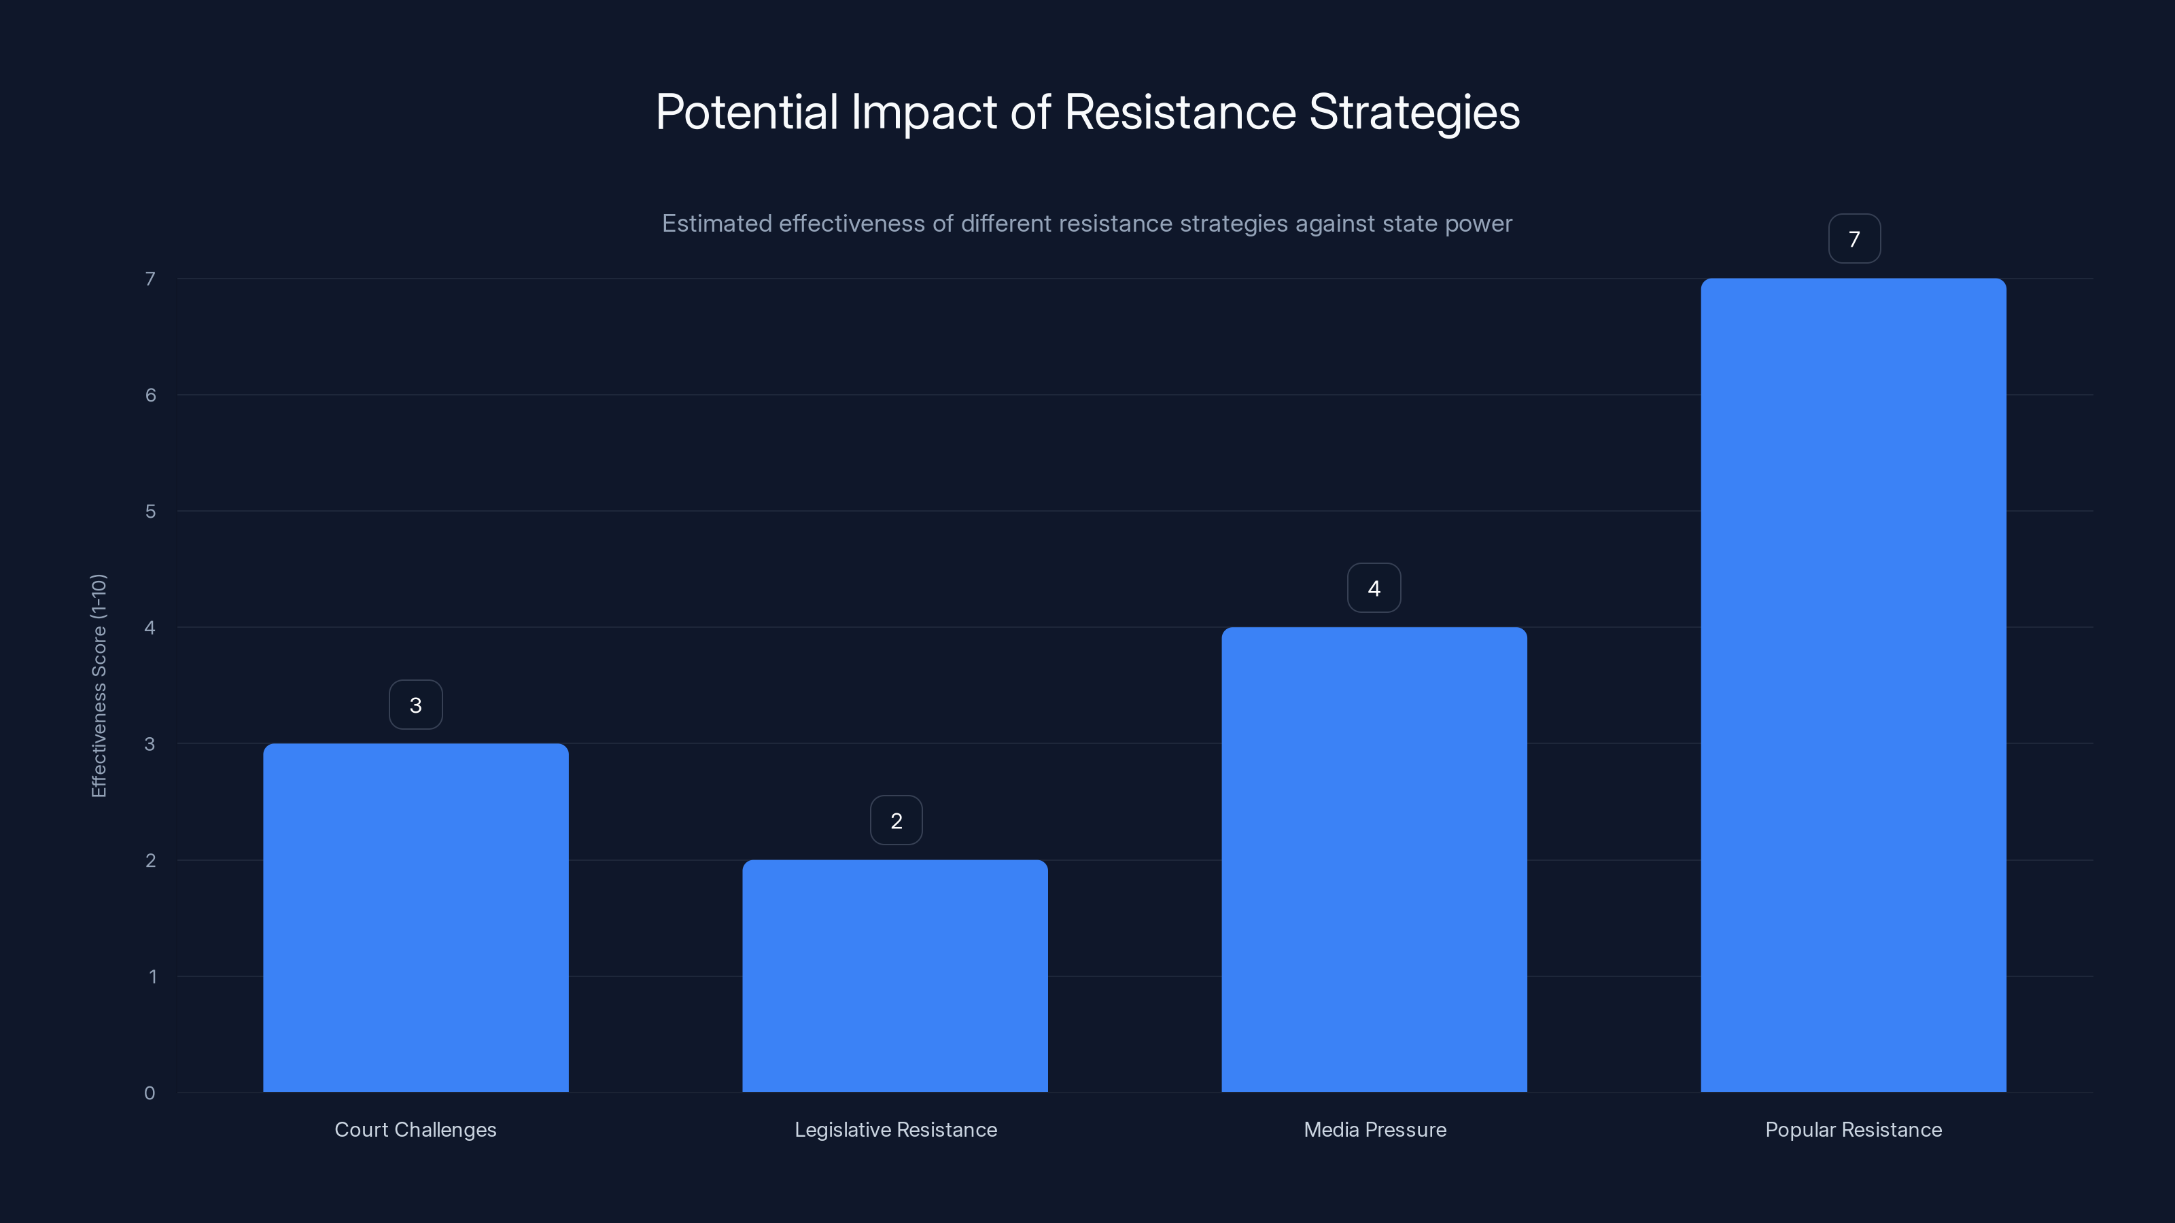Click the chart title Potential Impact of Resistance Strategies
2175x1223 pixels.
1087,112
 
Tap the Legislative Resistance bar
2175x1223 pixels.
895,976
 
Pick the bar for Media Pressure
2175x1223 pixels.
1374,859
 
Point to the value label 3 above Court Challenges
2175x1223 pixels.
415,705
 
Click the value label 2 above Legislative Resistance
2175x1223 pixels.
896,820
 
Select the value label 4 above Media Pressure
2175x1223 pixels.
1374,588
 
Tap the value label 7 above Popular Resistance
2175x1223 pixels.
1854,239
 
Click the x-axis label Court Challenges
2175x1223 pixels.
415,1129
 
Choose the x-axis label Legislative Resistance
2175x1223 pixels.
896,1129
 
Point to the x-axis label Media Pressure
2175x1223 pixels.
1374,1129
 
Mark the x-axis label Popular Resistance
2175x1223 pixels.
1854,1129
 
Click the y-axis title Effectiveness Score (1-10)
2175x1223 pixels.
99,686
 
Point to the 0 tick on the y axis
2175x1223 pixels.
150,1093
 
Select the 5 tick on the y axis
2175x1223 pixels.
150,512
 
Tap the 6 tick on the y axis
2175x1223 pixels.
150,395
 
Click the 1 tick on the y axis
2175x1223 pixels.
152,976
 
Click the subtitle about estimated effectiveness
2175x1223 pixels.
1087,224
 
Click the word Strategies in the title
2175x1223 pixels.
1414,112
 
